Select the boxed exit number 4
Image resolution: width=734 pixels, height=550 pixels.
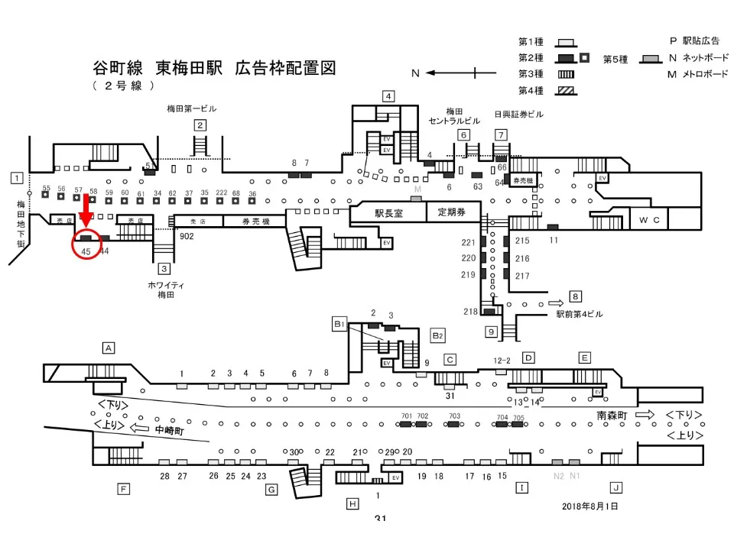pyautogui.click(x=388, y=96)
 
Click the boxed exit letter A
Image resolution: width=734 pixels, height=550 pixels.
pyautogui.click(x=109, y=348)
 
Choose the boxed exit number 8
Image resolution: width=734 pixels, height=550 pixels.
pyautogui.click(x=576, y=296)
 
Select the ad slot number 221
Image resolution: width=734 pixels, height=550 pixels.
pyautogui.click(x=468, y=242)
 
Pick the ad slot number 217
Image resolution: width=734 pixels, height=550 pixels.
pyautogui.click(x=522, y=275)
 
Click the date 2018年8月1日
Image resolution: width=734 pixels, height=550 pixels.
pyautogui.click(x=589, y=506)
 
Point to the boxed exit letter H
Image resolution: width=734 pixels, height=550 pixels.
pyautogui.click(x=352, y=503)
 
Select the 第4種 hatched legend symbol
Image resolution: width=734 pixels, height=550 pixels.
pyautogui.click(x=567, y=91)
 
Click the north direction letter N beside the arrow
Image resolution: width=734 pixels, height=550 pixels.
pyautogui.click(x=415, y=73)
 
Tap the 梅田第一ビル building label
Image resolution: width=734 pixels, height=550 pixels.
pyautogui.click(x=191, y=108)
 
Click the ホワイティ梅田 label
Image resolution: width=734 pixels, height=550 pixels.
pyautogui.click(x=165, y=289)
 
